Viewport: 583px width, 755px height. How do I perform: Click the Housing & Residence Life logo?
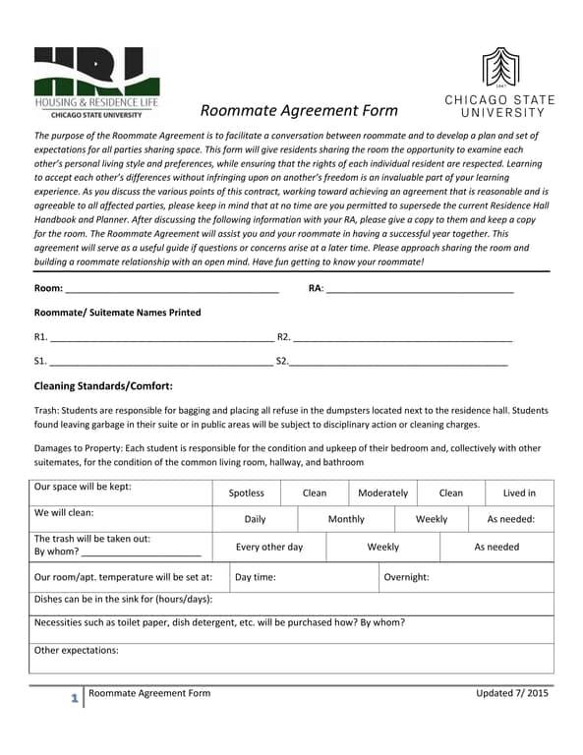click(95, 83)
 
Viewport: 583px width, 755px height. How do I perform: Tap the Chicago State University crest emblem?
click(499, 68)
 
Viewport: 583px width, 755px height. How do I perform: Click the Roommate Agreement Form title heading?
click(299, 110)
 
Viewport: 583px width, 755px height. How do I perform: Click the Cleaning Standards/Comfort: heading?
click(103, 386)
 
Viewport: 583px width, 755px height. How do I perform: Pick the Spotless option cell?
click(246, 493)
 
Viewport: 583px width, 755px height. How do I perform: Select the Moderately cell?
click(382, 493)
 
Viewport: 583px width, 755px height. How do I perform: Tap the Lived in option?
click(519, 493)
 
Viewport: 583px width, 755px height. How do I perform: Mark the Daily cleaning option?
click(255, 519)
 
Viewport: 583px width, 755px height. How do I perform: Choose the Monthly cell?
click(345, 519)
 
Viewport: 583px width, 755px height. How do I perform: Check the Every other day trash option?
click(268, 547)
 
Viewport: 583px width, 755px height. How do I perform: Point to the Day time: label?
click(255, 577)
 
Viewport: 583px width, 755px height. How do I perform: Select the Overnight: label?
click(406, 577)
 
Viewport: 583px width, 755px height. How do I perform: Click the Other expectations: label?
click(76, 650)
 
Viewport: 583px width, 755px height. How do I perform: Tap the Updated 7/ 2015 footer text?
click(512, 693)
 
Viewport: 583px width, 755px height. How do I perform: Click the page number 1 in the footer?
click(74, 699)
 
